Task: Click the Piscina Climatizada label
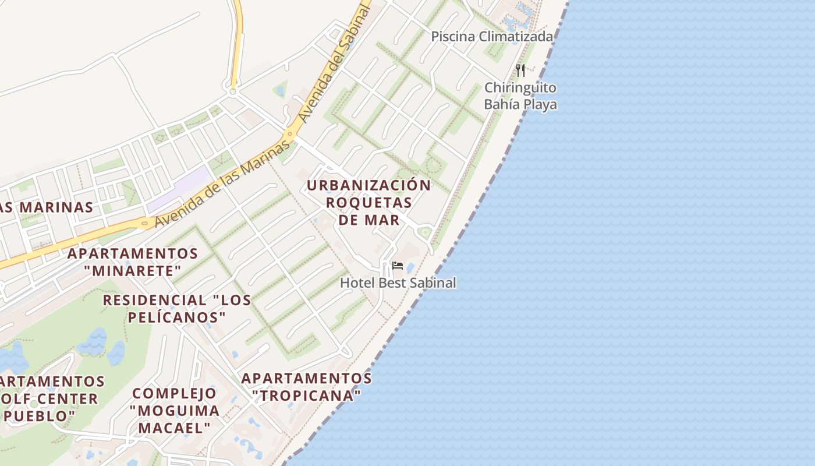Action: point(491,37)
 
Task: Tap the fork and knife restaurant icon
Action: point(520,70)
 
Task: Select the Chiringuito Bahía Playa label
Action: point(520,96)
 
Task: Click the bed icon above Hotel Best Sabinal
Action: point(398,266)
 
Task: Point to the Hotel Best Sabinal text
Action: point(398,283)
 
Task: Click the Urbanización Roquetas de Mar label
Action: point(369,203)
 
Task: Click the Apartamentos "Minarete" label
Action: point(133,262)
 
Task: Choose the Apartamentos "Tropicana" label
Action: point(307,387)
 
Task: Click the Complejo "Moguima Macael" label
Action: point(175,410)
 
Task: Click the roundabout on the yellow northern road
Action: point(233,91)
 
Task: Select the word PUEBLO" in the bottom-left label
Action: point(44,416)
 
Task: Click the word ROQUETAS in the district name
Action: point(369,203)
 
